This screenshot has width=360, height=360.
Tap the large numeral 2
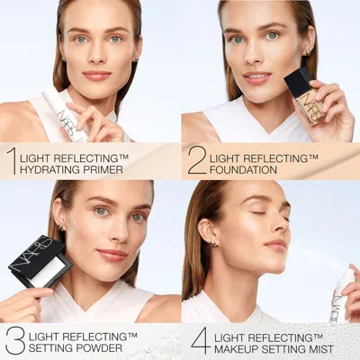pyautogui.click(x=197, y=158)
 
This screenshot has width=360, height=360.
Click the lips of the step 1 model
pyautogui.click(x=96, y=76)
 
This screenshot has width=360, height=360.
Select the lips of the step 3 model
pyautogui.click(x=112, y=255)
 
